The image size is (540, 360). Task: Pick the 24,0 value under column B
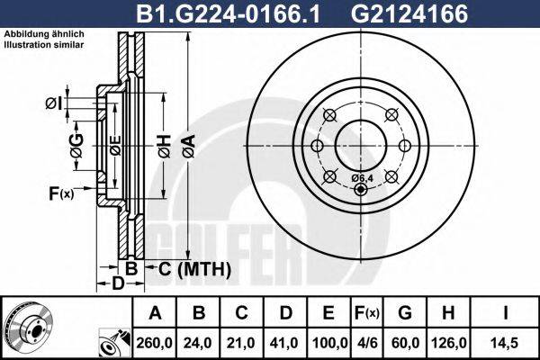[x=200, y=342]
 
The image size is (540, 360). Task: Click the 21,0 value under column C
[x=242, y=342]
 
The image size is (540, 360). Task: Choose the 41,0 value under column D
[x=285, y=342]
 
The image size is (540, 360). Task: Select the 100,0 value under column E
[x=329, y=342]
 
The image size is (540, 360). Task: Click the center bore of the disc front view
[x=360, y=146]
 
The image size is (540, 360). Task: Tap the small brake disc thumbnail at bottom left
[x=28, y=328]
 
